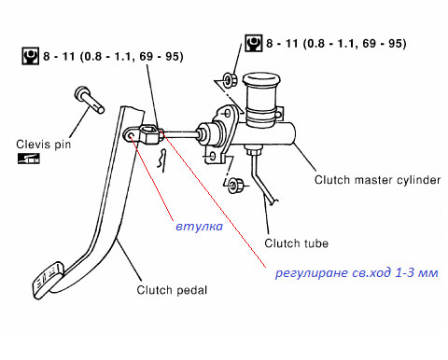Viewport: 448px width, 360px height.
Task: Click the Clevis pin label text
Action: (44, 145)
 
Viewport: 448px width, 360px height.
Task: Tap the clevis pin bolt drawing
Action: (89, 100)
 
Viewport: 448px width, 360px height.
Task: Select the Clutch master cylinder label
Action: (377, 180)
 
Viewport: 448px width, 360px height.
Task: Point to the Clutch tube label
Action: (296, 243)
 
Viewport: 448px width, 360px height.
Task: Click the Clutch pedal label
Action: (172, 290)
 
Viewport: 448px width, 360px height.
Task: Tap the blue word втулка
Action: (200, 227)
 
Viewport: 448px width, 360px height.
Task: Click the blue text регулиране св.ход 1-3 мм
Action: (357, 272)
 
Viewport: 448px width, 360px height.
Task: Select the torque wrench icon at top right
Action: (253, 43)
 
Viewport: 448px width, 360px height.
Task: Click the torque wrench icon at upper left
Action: (30, 56)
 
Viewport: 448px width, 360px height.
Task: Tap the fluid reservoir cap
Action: (261, 80)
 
